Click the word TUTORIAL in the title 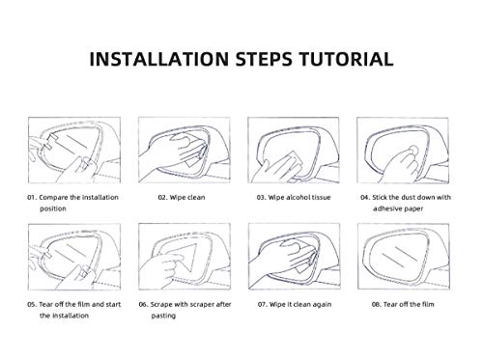pos(346,59)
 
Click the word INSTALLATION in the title pos(159,59)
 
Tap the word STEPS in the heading pos(264,59)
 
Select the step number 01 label pos(32,198)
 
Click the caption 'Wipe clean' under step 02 pos(187,198)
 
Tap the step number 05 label pos(32,305)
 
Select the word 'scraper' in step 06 pos(202,305)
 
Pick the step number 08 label pos(377,305)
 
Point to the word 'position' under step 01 pos(53,209)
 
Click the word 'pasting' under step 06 pos(163,316)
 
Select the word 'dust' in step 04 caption pos(409,198)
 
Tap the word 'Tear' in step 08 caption pos(390,305)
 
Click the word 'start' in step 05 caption pos(113,305)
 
